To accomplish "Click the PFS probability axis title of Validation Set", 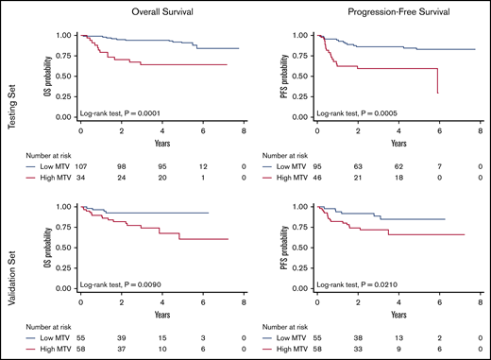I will tap(295, 252).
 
